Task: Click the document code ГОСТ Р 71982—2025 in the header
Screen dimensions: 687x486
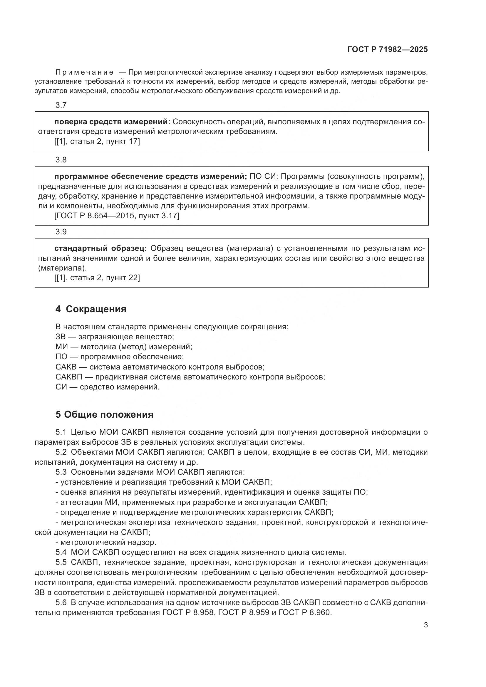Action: [388, 49]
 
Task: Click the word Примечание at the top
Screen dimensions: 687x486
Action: [84, 73]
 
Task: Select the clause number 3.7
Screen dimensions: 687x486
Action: [61, 105]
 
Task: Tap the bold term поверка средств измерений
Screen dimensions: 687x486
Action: [112, 122]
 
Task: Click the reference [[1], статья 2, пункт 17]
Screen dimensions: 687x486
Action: [97, 141]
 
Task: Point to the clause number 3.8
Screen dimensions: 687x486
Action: [61, 160]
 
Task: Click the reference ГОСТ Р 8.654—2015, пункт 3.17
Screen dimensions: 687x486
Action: [117, 215]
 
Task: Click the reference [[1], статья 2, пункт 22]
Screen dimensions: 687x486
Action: [97, 278]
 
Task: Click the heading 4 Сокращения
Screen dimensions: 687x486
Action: [91, 309]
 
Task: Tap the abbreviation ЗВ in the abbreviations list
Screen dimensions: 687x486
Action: [60, 337]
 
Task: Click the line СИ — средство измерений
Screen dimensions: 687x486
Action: [108, 387]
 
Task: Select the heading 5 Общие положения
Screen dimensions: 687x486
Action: [104, 414]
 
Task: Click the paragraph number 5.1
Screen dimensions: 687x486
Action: [61, 432]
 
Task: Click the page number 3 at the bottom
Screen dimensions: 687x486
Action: [425, 625]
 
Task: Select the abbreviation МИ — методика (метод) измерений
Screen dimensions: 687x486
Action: [124, 347]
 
